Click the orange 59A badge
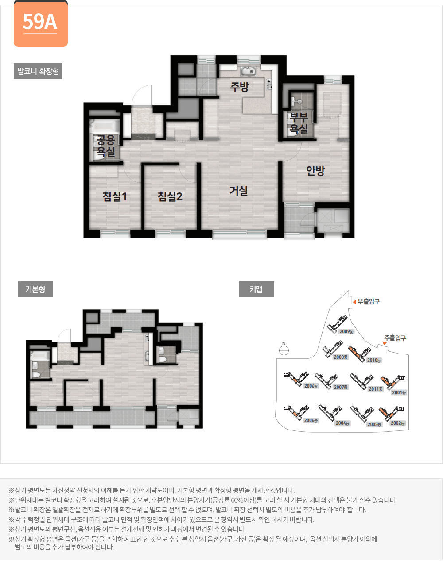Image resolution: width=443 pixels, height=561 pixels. [x=40, y=23]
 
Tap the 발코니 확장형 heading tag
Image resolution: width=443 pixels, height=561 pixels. [x=38, y=71]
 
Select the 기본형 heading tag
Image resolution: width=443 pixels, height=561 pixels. [x=35, y=289]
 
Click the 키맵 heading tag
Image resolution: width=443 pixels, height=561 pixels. [x=256, y=289]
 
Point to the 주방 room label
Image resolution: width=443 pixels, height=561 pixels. [x=239, y=87]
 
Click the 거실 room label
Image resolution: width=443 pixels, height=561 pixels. [x=238, y=191]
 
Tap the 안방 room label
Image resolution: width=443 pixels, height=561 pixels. [x=315, y=170]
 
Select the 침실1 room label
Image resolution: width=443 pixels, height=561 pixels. [x=115, y=196]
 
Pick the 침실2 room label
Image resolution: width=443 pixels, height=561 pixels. [x=170, y=196]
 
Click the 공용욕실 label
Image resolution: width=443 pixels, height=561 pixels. [x=106, y=146]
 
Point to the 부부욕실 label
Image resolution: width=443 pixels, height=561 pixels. [x=299, y=123]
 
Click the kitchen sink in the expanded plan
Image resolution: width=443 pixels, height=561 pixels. [x=249, y=71]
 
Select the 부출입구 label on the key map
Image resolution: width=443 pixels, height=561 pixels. [x=369, y=302]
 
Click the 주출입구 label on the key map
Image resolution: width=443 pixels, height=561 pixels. [x=395, y=338]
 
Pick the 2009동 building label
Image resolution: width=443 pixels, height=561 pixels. [x=346, y=331]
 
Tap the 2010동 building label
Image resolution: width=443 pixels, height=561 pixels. [x=374, y=360]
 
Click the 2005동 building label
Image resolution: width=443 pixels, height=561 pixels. [x=311, y=420]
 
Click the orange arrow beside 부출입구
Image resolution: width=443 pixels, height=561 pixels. [x=354, y=302]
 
